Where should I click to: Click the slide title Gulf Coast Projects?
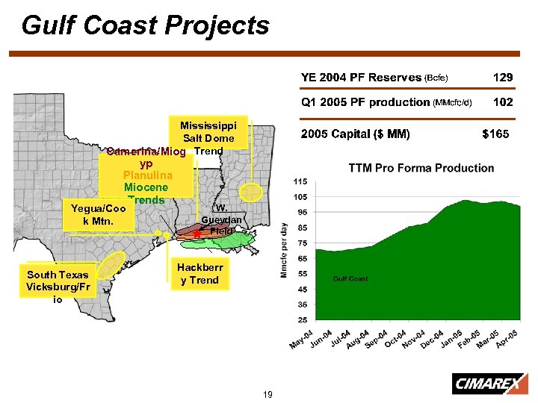coord(146,25)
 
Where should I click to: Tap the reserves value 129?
coord(503,77)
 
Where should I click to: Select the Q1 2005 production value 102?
coord(503,102)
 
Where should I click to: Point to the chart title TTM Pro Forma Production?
coord(421,168)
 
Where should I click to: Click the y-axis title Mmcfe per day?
coord(284,250)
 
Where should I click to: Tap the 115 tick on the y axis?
coord(300,182)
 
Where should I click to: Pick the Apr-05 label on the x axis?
coord(507,338)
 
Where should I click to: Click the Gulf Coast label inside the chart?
coord(350,279)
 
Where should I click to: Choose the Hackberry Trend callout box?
coord(198,274)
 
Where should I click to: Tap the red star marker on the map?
coord(196,234)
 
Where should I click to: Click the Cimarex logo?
coord(486,384)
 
